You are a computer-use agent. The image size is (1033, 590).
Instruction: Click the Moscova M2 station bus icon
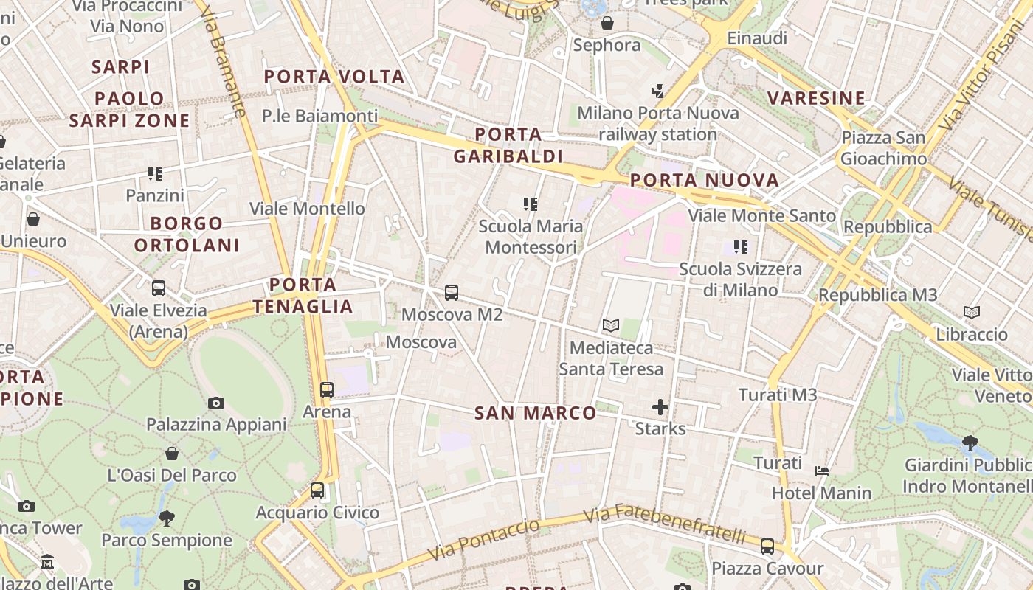pos(452,293)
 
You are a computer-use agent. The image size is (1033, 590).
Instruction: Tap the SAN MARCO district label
pos(535,413)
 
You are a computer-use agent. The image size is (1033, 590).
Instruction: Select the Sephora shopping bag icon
pos(607,23)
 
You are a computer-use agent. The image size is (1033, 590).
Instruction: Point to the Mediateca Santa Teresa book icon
pos(610,325)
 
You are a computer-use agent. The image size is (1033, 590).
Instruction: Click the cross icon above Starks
pos(660,406)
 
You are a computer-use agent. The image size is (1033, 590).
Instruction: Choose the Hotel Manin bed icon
pos(822,471)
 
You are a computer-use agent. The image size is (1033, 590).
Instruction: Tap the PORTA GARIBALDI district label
pos(508,145)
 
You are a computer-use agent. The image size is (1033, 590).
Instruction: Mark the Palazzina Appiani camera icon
pos(216,403)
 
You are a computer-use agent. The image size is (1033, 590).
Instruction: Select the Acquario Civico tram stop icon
pos(317,490)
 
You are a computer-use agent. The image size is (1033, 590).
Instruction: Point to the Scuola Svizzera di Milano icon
pos(741,247)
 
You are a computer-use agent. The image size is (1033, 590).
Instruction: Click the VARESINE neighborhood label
pos(816,98)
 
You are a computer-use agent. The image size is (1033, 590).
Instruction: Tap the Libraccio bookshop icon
pos(972,313)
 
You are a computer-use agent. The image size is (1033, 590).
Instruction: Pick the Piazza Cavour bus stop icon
pos(767,546)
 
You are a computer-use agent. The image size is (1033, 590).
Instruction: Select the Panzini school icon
pos(155,174)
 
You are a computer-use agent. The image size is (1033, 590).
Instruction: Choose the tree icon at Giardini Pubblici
pos(970,442)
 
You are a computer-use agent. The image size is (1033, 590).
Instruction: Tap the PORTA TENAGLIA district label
pos(303,295)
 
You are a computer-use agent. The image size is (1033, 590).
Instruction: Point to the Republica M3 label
pos(877,295)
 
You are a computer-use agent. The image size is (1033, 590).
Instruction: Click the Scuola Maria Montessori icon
pos(531,204)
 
